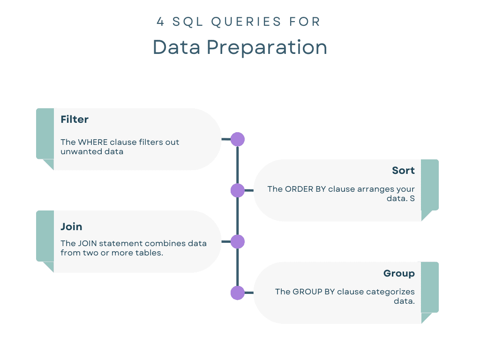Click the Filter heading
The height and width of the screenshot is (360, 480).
pos(75,119)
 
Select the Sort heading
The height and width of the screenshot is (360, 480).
pos(403,170)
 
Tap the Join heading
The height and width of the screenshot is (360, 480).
pos(71,226)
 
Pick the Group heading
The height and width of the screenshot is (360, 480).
pos(399,273)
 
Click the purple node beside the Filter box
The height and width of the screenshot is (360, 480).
pos(238,139)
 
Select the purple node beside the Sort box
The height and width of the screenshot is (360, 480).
pos(238,190)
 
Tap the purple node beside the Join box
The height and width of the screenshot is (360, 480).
pos(238,241)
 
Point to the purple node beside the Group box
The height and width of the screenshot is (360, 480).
pos(238,293)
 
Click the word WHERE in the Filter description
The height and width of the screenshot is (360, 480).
pos(93,142)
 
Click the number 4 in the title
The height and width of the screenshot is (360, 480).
pos(160,22)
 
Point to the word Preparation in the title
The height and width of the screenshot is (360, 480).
pos(267,48)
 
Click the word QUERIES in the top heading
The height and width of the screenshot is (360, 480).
pos(246,22)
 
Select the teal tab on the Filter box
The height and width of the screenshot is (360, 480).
pos(45,134)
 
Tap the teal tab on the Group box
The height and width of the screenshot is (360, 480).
pos(430,287)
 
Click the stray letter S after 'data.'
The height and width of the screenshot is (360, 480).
pos(412,198)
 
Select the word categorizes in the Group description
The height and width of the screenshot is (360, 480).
pos(390,292)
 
